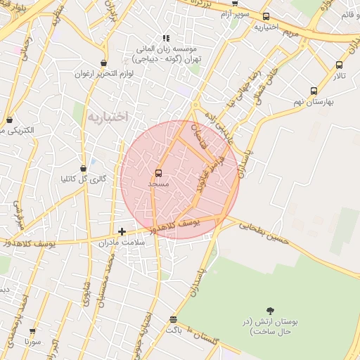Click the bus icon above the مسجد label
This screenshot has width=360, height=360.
(x=158, y=173)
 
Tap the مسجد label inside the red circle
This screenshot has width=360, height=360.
(x=158, y=183)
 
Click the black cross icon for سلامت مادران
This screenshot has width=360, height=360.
(x=122, y=231)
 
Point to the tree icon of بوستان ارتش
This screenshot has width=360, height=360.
(x=270, y=310)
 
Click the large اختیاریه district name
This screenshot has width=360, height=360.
(x=108, y=117)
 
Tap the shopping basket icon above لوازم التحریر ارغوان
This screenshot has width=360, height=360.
(x=103, y=62)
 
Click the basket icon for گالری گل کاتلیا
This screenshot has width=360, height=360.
(x=84, y=169)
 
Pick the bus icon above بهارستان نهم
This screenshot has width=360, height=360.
(x=313, y=91)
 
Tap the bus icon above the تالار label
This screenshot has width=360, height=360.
(x=339, y=65)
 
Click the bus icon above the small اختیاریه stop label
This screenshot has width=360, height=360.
(x=265, y=17)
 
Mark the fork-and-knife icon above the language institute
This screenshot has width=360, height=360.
(x=165, y=38)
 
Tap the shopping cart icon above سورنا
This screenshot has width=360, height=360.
(x=32, y=330)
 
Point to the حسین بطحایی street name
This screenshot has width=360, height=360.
(x=264, y=233)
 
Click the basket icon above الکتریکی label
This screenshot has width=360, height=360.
(x=8, y=120)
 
